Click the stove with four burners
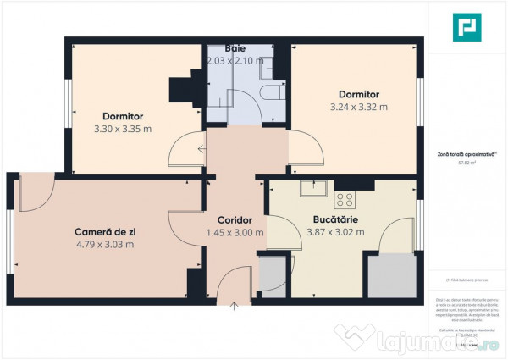(x=345, y=200)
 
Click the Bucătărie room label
(x=335, y=219)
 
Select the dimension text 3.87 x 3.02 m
(x=335, y=232)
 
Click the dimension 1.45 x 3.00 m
(x=235, y=232)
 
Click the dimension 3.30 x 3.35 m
(x=123, y=129)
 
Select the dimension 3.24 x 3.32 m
(x=358, y=107)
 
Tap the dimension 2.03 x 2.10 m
(x=234, y=61)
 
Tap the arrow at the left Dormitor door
(x=202, y=149)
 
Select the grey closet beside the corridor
(x=272, y=275)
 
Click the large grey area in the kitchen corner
(x=392, y=275)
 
